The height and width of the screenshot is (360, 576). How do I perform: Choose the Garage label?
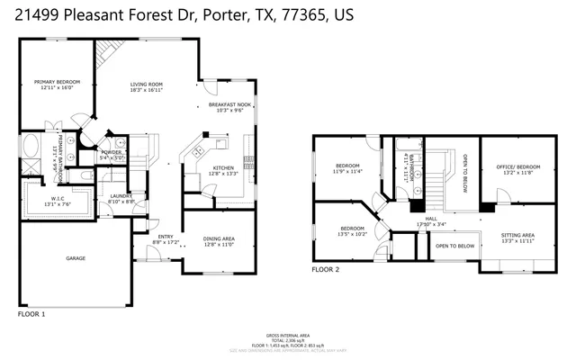click(x=76, y=258)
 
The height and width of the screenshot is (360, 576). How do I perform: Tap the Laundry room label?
click(x=121, y=198)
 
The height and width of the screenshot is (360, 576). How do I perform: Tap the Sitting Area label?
click(x=517, y=237)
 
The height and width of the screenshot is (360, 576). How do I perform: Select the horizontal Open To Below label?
click(x=454, y=246)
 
